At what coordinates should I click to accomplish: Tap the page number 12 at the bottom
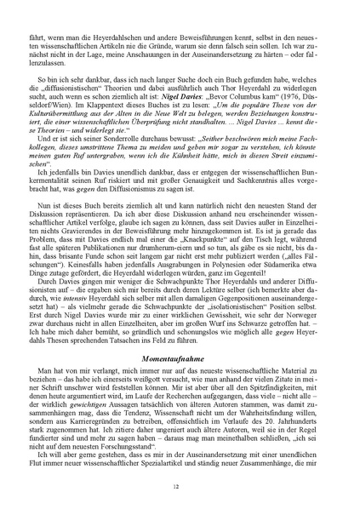[180, 486]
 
